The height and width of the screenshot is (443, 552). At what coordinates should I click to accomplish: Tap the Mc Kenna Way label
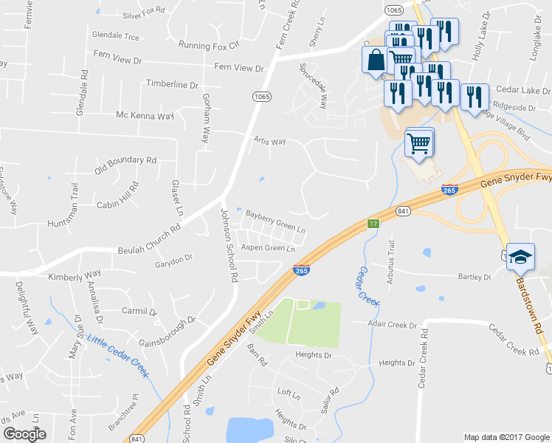coord(145,116)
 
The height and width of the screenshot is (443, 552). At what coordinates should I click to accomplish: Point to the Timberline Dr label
coord(173,84)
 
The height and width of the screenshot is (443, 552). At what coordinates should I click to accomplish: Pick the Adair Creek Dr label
coord(396,323)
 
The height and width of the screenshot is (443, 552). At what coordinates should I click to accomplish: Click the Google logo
coord(24,434)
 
